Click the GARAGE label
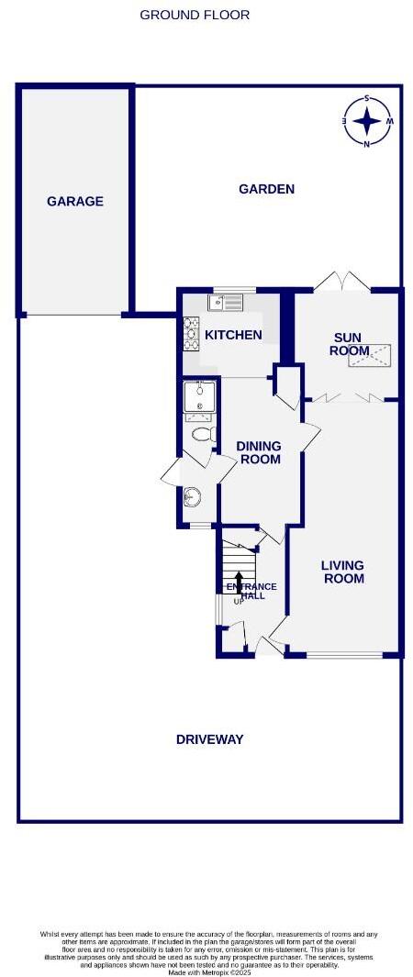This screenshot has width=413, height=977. [x=75, y=201]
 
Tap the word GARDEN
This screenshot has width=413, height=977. [x=266, y=189]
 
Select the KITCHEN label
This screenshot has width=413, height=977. [x=233, y=335]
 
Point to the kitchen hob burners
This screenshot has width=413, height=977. [x=192, y=334]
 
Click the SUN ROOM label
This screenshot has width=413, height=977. [x=349, y=344]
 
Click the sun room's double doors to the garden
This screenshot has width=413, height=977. [x=341, y=283]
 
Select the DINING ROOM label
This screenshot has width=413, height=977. [x=259, y=452]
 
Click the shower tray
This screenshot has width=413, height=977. [x=198, y=397]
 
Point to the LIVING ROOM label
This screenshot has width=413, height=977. [x=343, y=572]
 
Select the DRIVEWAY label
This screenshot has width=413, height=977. [x=209, y=738]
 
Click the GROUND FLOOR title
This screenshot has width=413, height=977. [x=195, y=15]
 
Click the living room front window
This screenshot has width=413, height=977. [x=344, y=655]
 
